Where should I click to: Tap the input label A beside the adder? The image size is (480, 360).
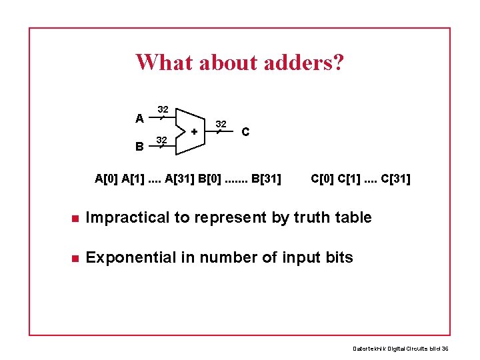[139, 119]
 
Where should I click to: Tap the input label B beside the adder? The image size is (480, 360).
[139, 146]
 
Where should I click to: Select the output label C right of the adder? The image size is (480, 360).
[246, 132]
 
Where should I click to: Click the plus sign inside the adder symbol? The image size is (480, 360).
[194, 132]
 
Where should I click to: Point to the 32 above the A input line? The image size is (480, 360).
[162, 109]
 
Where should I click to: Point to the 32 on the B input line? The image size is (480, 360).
[161, 139]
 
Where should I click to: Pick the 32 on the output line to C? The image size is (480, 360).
[222, 124]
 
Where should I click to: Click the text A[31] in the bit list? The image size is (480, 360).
[179, 179]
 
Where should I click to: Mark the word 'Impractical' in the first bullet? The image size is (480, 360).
[127, 217]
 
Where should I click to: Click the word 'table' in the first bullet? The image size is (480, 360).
[353, 217]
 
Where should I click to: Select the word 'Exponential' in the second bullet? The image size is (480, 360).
[128, 257]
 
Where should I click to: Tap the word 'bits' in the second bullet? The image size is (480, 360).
[338, 257]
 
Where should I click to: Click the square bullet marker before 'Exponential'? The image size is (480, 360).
[75, 258]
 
